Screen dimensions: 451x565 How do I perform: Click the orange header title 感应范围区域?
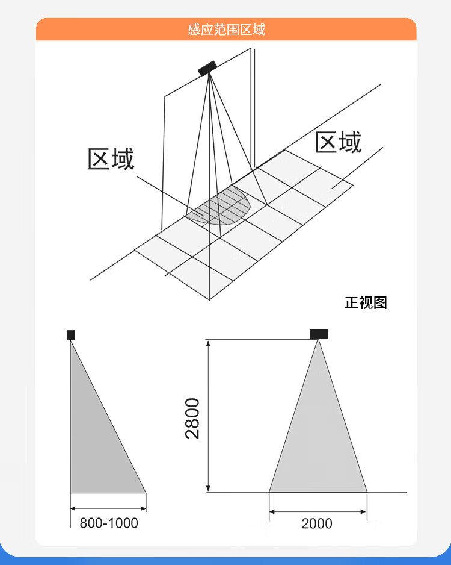pos(226,30)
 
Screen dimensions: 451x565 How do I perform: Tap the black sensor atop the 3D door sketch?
pos(208,68)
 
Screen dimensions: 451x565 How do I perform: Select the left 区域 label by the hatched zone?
pos(111,159)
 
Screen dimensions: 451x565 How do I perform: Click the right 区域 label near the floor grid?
pos(338,143)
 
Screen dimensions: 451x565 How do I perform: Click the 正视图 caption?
pos(366,302)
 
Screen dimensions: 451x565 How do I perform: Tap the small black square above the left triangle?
pos(71,335)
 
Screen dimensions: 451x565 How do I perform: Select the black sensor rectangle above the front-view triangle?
pos(319,334)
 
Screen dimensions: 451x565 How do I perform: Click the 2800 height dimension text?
pos(192,418)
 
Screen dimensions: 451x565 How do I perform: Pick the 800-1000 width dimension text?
pos(109,523)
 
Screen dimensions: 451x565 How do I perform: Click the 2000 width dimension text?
pos(317,523)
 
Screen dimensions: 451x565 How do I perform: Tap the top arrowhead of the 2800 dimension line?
pos(209,343)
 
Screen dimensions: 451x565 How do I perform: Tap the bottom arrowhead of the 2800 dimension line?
pos(209,489)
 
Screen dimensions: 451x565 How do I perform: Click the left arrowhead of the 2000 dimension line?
pos(272,511)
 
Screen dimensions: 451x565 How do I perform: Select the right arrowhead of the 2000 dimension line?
pos(364,511)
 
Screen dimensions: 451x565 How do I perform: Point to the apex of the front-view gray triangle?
pos(318,341)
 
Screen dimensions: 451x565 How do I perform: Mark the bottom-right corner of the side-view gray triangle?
pos(146,492)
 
